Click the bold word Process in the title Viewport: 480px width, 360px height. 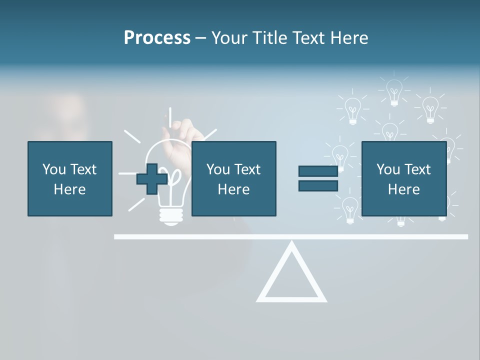[157, 38]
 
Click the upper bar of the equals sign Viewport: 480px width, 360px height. [318, 171]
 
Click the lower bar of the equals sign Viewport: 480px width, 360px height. [318, 186]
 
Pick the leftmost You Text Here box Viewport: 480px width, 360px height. [69, 178]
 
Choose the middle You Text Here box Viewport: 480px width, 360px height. [233, 178]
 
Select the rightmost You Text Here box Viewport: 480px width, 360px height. [403, 178]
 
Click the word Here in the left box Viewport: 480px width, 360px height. [69, 189]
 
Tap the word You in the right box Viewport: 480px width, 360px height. [388, 169]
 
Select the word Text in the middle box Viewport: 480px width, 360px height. [248, 169]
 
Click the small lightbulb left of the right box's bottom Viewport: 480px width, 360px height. [349, 209]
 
